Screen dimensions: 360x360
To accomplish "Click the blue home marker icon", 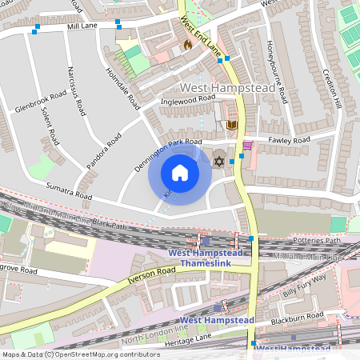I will (180, 173).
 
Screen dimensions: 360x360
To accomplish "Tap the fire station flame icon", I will (188, 46).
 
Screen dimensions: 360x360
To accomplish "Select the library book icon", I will (233, 125).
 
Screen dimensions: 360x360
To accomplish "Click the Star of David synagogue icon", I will (219, 161).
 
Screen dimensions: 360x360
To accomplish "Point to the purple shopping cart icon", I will (248, 146).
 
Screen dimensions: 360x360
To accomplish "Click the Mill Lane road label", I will (82, 26).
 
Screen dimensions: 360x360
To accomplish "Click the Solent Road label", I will (49, 125).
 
